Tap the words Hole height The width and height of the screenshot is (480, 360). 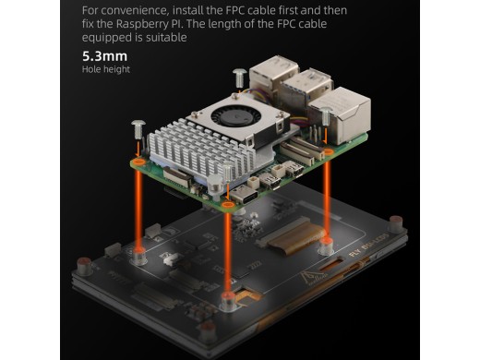[x=106, y=69]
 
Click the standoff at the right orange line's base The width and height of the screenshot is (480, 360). [x=326, y=246]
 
